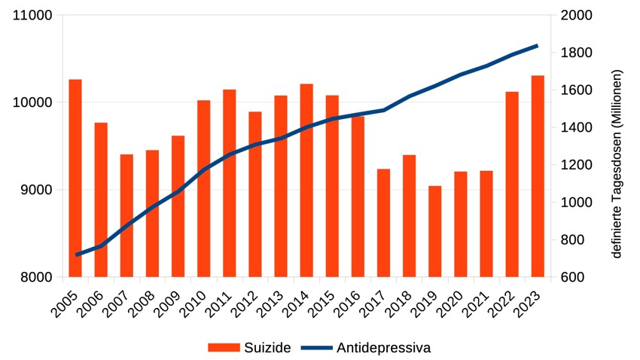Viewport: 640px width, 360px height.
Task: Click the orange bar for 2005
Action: click(75, 178)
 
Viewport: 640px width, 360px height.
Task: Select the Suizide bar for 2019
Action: click(434, 231)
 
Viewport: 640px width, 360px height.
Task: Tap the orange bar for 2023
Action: click(538, 176)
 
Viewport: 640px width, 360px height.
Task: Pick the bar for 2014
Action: click(306, 181)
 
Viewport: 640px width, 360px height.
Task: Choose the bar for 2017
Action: click(384, 223)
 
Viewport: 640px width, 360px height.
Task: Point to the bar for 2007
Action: click(126, 215)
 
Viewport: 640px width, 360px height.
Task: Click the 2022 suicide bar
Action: click(512, 185)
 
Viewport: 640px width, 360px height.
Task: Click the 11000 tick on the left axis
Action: click(32, 15)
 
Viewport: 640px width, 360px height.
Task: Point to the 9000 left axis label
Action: click(36, 190)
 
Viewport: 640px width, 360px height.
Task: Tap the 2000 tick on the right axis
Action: click(576, 15)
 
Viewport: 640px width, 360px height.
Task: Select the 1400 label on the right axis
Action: click(576, 127)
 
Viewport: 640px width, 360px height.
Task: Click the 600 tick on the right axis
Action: click(573, 277)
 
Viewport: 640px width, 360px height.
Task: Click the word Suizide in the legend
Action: click(267, 348)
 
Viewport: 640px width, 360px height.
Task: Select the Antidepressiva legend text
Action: click(384, 348)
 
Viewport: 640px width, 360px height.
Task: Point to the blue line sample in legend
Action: click(317, 348)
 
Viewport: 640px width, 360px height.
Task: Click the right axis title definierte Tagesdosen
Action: click(617, 163)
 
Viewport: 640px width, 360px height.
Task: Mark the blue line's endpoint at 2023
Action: click(538, 46)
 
